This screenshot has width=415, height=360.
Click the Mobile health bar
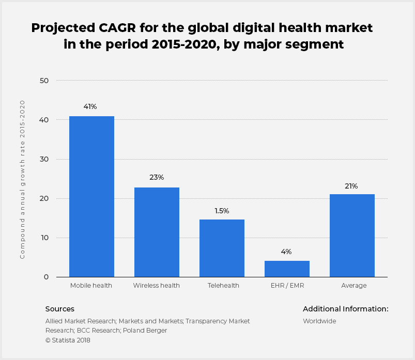(x=91, y=196)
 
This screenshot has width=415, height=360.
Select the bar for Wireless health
(x=157, y=232)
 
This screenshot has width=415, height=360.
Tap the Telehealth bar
(x=222, y=248)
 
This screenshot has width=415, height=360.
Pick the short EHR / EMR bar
(x=287, y=269)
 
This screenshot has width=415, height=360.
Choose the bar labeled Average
(x=352, y=236)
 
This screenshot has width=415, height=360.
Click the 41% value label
(x=90, y=107)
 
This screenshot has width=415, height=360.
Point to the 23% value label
(x=157, y=178)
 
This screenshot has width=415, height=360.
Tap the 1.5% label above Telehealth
(x=222, y=211)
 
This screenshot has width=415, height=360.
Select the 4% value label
(x=286, y=252)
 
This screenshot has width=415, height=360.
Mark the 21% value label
(x=351, y=186)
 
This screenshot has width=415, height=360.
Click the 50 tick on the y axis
(x=44, y=81)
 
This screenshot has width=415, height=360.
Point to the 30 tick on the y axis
(x=44, y=159)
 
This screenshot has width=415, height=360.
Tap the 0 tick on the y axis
(x=46, y=277)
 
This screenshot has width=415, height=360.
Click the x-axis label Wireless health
(x=157, y=286)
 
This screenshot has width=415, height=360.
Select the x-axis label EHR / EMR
(x=287, y=286)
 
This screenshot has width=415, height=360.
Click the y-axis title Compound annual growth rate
(x=23, y=179)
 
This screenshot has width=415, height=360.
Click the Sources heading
(x=60, y=309)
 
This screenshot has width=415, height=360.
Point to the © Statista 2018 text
(x=68, y=340)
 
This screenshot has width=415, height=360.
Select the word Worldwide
(x=319, y=321)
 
